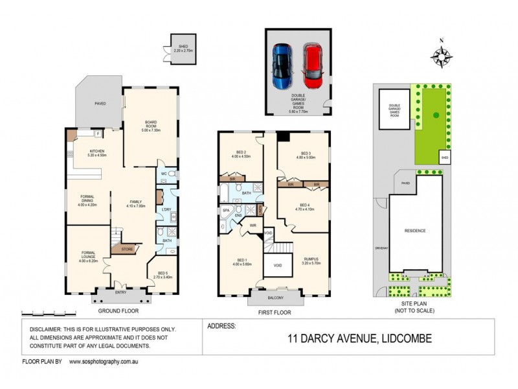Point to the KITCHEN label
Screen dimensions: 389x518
click(97, 152)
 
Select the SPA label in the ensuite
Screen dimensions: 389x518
click(227, 211)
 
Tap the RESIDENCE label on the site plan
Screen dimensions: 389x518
click(414, 230)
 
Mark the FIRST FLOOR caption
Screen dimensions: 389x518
click(275, 312)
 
